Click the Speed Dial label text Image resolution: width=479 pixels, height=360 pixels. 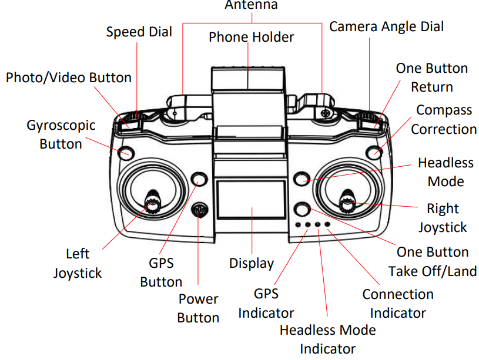click(139, 32)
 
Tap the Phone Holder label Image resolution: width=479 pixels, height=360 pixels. click(251, 38)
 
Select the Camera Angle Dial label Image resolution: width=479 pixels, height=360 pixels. click(386, 26)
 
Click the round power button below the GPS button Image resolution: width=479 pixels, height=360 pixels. click(200, 210)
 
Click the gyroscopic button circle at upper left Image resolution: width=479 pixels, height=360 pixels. click(125, 153)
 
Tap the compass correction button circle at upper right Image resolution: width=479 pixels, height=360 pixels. click(374, 153)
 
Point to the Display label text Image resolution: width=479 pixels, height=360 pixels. click(251, 263)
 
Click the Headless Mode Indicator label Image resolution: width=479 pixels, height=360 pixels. click(327, 339)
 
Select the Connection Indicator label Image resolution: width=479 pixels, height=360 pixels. click(397, 303)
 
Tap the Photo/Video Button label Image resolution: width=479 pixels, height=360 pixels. click(69, 78)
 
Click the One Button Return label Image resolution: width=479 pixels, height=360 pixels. click(431, 78)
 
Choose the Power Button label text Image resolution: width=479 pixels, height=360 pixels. click(198, 308)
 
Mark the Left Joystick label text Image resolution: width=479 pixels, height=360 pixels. click(78, 263)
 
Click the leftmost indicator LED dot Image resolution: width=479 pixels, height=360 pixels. click(299, 224)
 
